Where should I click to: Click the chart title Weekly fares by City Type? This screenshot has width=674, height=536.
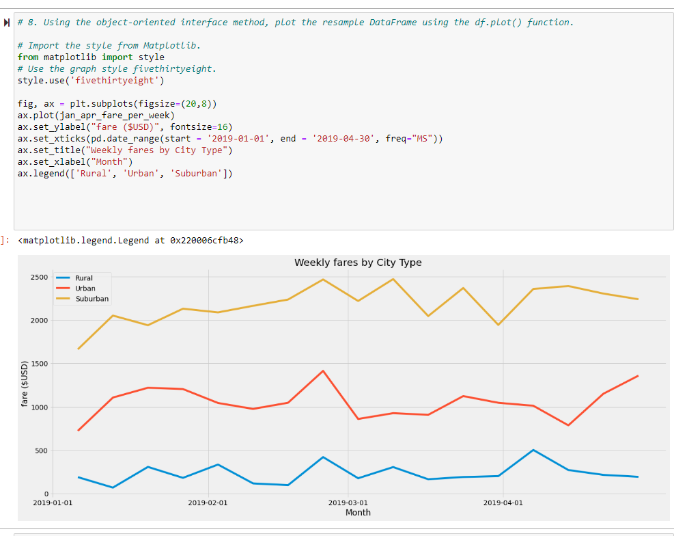pyautogui.click(x=358, y=263)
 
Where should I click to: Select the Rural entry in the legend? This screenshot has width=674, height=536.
pyautogui.click(x=84, y=278)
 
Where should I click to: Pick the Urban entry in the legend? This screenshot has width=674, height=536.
pyautogui.click(x=85, y=289)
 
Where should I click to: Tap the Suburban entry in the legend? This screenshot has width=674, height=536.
pyautogui.click(x=92, y=299)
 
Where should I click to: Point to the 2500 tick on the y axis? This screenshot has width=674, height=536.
pyautogui.click(x=39, y=277)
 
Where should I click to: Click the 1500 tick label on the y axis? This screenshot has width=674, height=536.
pyautogui.click(x=39, y=364)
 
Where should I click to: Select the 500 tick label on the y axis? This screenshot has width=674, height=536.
pyautogui.click(x=41, y=451)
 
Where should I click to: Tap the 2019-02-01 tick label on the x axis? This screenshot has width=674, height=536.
pyautogui.click(x=208, y=503)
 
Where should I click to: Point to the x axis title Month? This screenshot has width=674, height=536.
pyautogui.click(x=358, y=513)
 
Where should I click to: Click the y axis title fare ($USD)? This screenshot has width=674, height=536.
pyautogui.click(x=25, y=384)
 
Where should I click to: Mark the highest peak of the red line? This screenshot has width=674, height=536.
pyautogui.click(x=323, y=371)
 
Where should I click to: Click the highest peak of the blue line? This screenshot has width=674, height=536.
pyautogui.click(x=533, y=450)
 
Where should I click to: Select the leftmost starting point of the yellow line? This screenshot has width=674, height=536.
pyautogui.click(x=79, y=349)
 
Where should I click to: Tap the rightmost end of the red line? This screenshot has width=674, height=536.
pyautogui.click(x=638, y=375)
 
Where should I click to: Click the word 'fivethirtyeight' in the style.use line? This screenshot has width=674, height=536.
pyautogui.click(x=114, y=81)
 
